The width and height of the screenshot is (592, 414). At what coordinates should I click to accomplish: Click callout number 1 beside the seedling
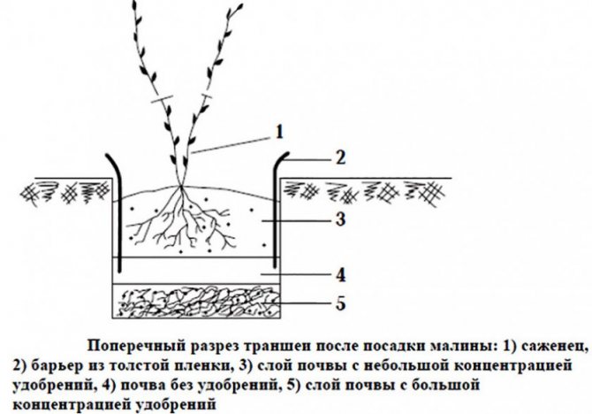[278, 132]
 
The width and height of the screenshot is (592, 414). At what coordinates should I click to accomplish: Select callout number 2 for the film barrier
[340, 157]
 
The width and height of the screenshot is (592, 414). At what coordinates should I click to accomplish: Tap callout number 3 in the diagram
[340, 219]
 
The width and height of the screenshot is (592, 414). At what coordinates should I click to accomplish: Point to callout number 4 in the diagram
[341, 275]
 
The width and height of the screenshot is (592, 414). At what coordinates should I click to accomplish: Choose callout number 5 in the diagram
[340, 303]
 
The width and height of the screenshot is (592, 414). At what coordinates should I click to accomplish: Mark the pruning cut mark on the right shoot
[206, 96]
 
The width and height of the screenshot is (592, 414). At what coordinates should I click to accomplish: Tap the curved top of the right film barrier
[281, 158]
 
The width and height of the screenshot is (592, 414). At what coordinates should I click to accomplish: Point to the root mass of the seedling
[180, 219]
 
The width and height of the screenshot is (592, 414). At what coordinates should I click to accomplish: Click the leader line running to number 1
[231, 146]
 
